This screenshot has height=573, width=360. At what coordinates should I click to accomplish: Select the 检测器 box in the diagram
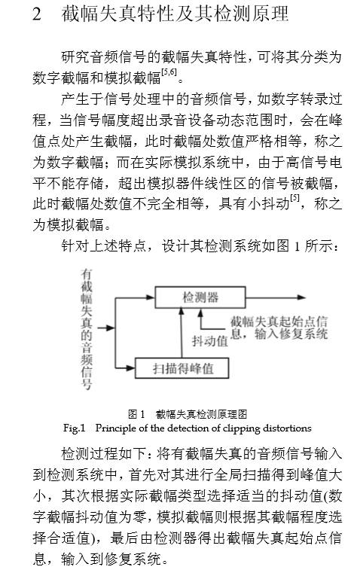pos(200,297)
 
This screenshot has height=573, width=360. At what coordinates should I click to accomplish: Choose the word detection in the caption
pos(192,428)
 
